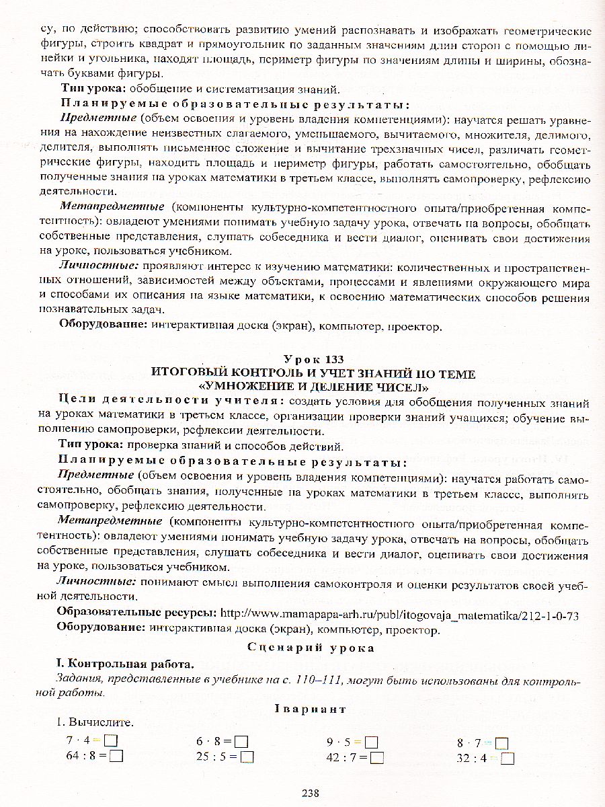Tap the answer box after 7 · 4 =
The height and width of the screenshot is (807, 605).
click(x=111, y=742)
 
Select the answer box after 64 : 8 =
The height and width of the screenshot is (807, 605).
click(x=116, y=756)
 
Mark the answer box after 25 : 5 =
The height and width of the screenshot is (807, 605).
click(x=247, y=757)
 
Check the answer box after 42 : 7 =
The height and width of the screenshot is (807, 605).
click(x=376, y=757)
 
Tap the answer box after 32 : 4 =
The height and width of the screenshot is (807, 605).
click(x=508, y=758)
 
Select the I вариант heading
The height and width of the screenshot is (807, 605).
click(x=310, y=708)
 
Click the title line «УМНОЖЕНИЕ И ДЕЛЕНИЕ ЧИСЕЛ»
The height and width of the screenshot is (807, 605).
click(x=313, y=387)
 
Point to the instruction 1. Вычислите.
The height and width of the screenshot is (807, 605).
click(x=95, y=724)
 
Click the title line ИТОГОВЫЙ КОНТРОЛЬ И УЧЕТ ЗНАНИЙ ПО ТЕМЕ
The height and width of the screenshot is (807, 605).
click(x=313, y=374)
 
